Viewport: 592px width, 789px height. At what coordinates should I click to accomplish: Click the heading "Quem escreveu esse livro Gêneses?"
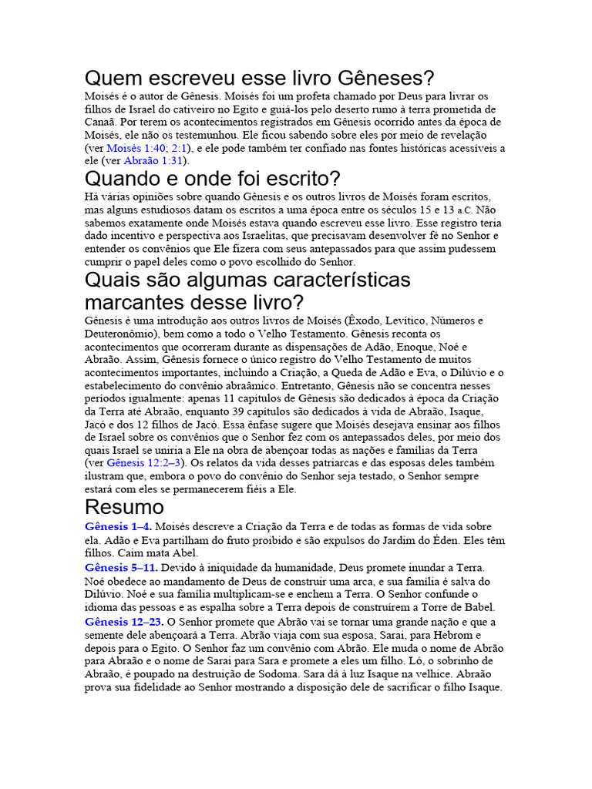pos(259,79)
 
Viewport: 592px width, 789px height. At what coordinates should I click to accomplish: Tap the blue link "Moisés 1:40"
pos(136,148)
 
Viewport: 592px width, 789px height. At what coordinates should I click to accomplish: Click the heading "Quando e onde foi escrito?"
pos(212,180)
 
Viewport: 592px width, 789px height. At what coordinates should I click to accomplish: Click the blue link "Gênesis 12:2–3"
pos(143,463)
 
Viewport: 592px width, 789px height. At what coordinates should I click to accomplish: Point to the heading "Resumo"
pos(124,506)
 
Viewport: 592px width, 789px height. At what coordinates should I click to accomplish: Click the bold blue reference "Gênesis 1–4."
pos(118,527)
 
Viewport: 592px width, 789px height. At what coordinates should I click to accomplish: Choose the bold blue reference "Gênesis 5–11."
pos(121,567)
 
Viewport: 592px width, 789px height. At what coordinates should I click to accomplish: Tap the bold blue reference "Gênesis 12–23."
pos(124,621)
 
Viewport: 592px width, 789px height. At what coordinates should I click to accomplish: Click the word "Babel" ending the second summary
pos(479,606)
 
